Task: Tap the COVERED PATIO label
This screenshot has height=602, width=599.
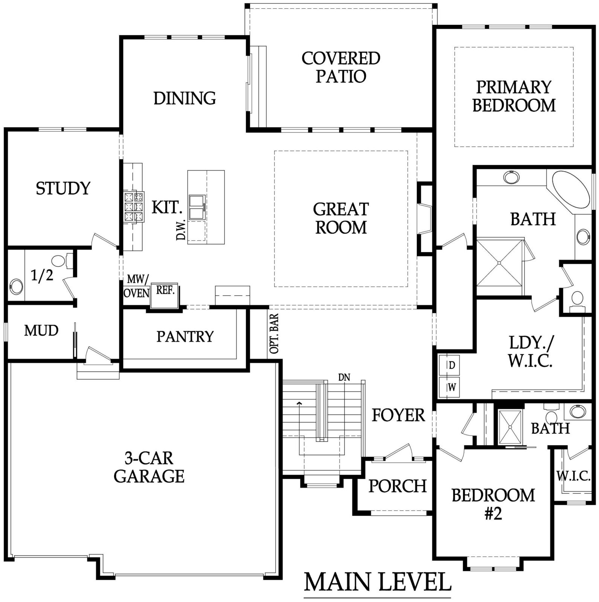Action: tap(341, 67)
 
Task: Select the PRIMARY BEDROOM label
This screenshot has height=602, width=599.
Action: tap(514, 96)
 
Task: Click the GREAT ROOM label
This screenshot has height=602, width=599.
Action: tap(341, 218)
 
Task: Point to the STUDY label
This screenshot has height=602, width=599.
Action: tap(63, 188)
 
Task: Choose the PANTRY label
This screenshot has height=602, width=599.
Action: tap(185, 336)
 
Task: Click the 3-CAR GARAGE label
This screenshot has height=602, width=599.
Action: tap(149, 467)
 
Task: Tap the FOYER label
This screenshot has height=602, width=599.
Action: tap(398, 415)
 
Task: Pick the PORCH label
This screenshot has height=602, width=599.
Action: tap(398, 486)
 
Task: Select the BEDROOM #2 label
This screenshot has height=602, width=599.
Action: tap(493, 504)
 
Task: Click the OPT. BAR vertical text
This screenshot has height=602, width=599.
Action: tap(274, 333)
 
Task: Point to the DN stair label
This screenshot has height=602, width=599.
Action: tap(344, 377)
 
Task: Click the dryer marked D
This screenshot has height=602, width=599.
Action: tap(447, 365)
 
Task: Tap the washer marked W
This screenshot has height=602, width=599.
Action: tap(447, 387)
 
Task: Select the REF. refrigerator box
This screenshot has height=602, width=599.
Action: tap(165, 295)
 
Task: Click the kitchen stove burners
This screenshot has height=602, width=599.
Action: tap(134, 206)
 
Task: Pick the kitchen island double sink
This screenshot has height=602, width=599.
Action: tap(197, 207)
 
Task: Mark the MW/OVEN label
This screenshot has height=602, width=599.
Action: tap(137, 286)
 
